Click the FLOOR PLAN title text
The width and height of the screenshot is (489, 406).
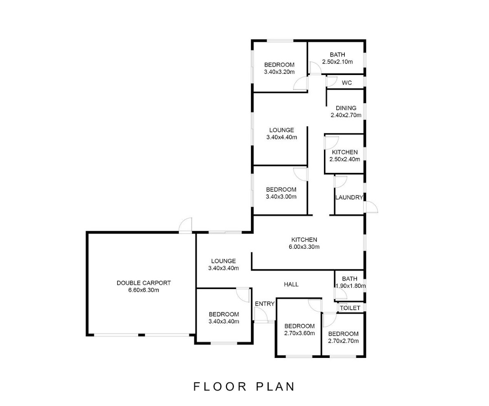point(244,386)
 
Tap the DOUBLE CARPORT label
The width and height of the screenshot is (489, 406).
point(143,283)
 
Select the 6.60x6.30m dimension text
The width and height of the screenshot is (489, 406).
point(143,290)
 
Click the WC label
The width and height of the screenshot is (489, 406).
point(347,83)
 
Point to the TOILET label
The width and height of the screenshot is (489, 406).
point(350,308)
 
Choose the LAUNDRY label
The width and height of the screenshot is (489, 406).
point(349,197)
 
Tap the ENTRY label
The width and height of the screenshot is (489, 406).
point(264,304)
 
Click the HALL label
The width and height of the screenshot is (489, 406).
point(291,285)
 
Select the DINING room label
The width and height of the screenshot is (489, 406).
point(346,108)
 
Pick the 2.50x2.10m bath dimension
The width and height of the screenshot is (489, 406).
point(337,62)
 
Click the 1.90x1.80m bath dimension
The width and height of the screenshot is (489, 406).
point(350,286)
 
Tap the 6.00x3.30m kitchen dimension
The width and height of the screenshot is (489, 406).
point(304,247)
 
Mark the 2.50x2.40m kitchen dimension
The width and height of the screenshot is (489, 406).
point(345,159)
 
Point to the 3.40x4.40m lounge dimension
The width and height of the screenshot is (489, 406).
point(282,137)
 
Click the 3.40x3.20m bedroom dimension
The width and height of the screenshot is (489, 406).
point(279,72)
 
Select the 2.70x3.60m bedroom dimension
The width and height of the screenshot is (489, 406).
point(299,333)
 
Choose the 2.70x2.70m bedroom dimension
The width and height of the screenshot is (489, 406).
point(343,341)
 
